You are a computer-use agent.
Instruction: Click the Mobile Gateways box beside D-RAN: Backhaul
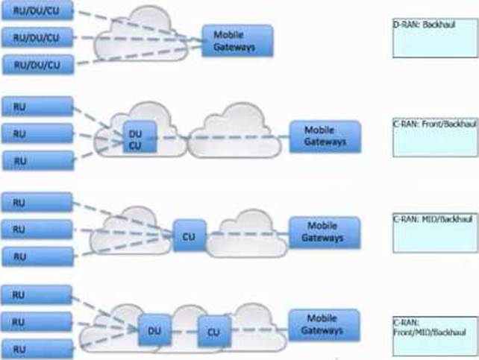coord(237,42)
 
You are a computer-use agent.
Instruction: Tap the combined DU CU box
coord(140,136)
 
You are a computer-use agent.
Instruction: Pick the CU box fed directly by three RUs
coord(190,236)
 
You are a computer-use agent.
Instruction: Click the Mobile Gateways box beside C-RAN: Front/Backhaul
coord(325,136)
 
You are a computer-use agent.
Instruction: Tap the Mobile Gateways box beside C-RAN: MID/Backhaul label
coord(325,232)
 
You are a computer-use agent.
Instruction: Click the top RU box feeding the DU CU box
coord(38,106)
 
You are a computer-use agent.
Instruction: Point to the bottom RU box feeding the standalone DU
coord(38,348)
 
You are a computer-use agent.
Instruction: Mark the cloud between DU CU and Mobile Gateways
coord(231,134)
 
